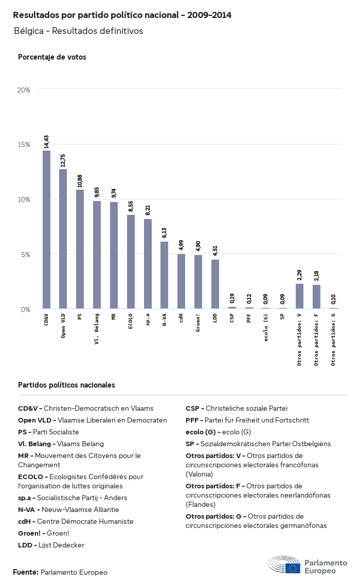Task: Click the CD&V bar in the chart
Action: (46, 230)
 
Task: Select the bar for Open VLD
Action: (63, 239)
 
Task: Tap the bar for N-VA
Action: (165, 275)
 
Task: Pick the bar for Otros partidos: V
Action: (299, 296)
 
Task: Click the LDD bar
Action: (215, 284)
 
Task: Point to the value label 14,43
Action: (46, 141)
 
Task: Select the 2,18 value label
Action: (316, 276)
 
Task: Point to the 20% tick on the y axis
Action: (24, 89)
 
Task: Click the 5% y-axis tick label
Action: (26, 254)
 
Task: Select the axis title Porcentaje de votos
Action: (52, 57)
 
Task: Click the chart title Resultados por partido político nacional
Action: (122, 15)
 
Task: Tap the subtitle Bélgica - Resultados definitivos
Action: (78, 31)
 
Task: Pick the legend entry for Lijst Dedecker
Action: (51, 545)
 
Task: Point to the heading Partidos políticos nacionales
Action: (66, 385)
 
